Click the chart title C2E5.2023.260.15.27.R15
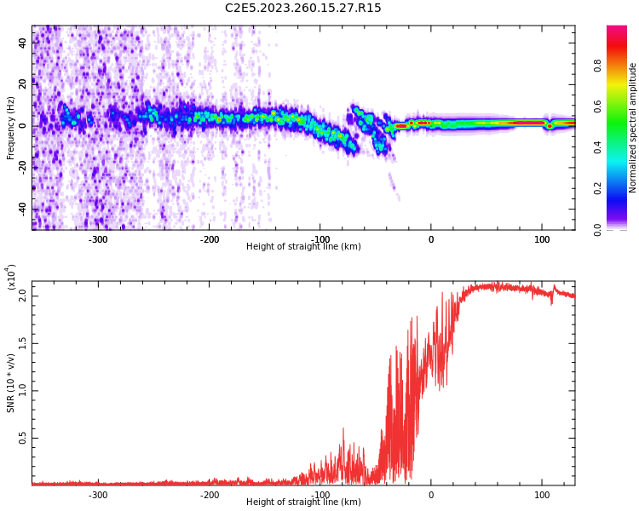coord(302,9)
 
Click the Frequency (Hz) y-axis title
coord(11,128)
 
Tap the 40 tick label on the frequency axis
coord(22,42)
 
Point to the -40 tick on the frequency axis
coord(22,209)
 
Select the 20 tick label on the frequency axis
coord(22,83)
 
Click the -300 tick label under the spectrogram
coord(98,239)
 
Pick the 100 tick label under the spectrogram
coord(542,239)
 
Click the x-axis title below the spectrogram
coord(302,247)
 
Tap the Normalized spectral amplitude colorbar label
coord(633,128)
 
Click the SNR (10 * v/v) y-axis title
coord(11,383)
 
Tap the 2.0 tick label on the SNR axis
coord(23,296)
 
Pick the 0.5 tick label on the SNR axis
coord(23,439)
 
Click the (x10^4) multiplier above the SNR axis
coord(11,277)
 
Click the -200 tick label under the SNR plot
coord(209,495)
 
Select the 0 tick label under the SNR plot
coord(431,495)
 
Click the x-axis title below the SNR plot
coord(302,502)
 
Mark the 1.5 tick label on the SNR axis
coord(23,343)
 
